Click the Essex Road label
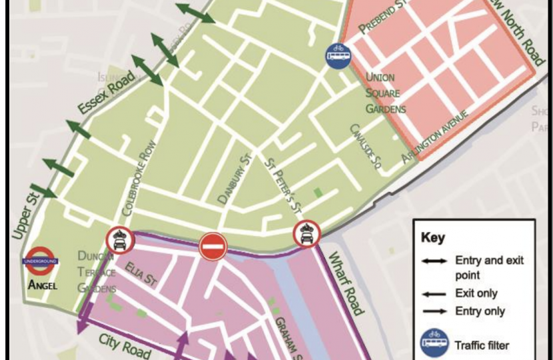point(106,95)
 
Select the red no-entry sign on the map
point(213,247)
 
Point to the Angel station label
point(43,285)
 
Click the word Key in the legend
point(432,238)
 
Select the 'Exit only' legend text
point(476,293)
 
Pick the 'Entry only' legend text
point(479,311)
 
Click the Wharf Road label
point(344,283)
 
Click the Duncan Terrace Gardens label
point(97,272)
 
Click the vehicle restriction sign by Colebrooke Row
point(119,240)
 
